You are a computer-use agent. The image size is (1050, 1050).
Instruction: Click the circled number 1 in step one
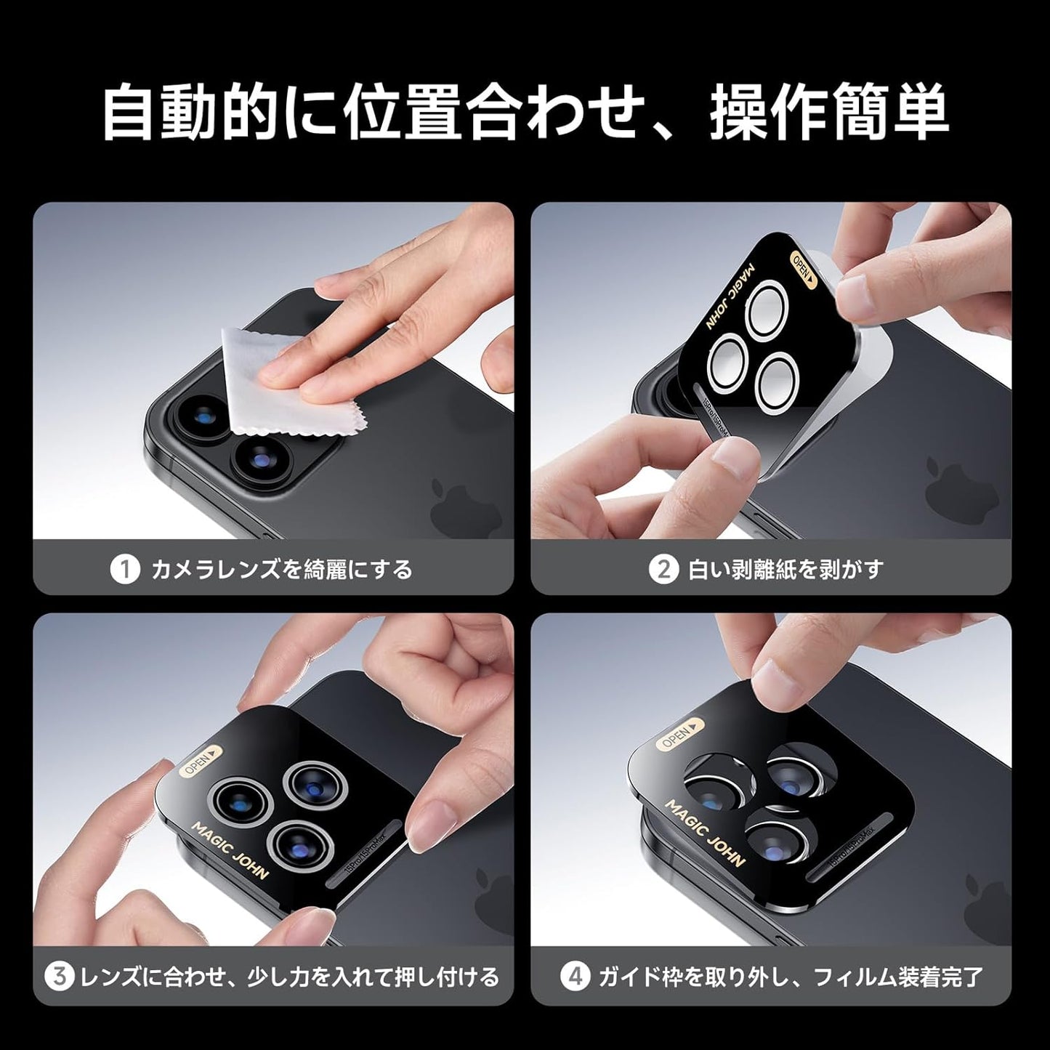[124, 570]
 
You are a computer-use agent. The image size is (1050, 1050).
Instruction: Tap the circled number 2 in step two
[663, 570]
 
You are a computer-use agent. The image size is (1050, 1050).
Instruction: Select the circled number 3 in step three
[60, 976]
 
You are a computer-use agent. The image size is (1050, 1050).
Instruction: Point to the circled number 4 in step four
[576, 976]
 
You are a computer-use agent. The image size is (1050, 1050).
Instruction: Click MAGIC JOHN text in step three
[229, 850]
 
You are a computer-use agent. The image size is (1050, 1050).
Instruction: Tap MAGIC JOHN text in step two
[730, 297]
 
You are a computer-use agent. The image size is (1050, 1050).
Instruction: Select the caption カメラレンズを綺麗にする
[281, 570]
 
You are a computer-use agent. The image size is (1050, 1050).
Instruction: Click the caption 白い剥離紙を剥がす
[785, 570]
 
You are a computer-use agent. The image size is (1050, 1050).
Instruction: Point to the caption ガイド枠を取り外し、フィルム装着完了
[790, 976]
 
